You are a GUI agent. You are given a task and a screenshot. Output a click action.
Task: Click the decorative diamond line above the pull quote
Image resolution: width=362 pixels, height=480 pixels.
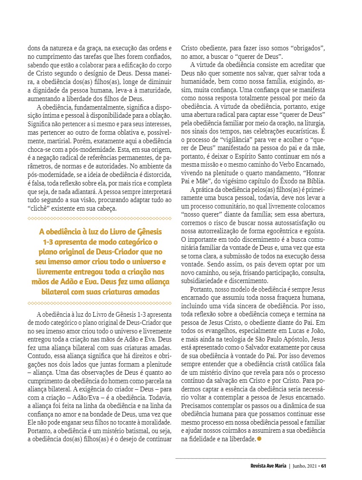[x=99, y=219]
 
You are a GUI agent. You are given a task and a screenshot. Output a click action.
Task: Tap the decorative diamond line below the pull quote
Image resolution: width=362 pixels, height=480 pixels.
[x=99, y=304]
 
